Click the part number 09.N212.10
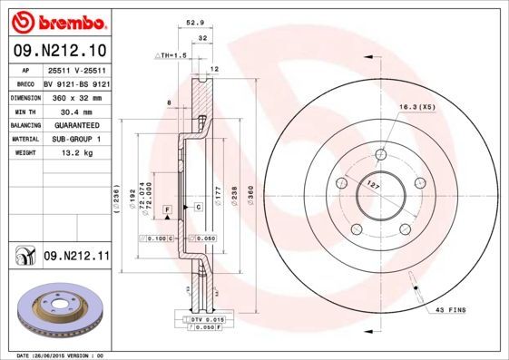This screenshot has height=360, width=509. [x=59, y=50]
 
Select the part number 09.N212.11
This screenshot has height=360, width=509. [x=76, y=258]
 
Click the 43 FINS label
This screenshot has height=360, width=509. [x=450, y=310]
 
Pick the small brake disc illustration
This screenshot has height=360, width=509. [x=55, y=310]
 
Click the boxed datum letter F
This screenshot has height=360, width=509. [x=167, y=210]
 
